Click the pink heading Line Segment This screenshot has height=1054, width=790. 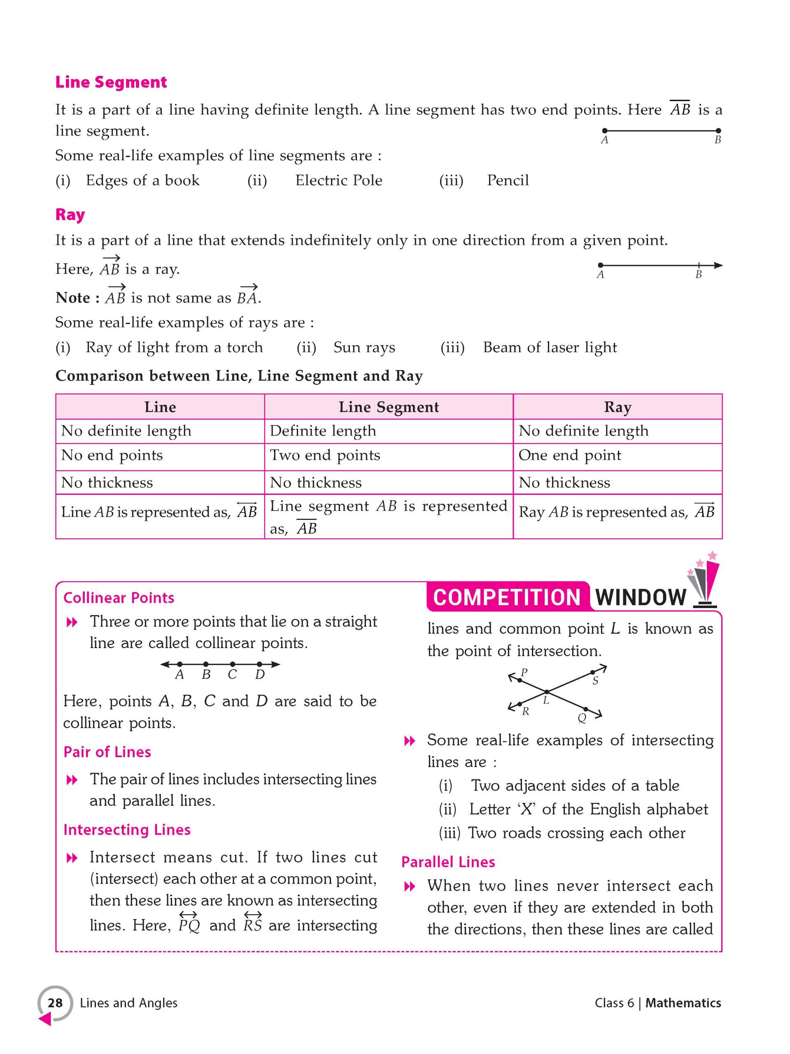point(111,82)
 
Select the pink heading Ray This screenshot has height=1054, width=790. point(70,215)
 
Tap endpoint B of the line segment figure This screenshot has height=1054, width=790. point(718,131)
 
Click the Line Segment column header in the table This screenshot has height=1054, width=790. point(388,407)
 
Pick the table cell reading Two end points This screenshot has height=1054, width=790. point(325,455)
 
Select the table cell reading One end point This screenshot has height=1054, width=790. point(569,455)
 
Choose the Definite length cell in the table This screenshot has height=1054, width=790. point(323,431)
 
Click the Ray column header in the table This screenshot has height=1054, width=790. point(618,407)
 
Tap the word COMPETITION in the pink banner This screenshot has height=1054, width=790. point(506,597)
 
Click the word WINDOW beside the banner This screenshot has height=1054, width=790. point(641,597)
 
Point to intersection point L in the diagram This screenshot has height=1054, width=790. point(547,691)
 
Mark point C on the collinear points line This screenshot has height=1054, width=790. point(232,664)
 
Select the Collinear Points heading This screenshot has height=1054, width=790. point(119,598)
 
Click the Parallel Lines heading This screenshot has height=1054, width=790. point(448,862)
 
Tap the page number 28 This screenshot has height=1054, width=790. point(55,1003)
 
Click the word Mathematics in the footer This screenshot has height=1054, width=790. point(683,1003)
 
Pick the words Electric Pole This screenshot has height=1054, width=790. point(338,181)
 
